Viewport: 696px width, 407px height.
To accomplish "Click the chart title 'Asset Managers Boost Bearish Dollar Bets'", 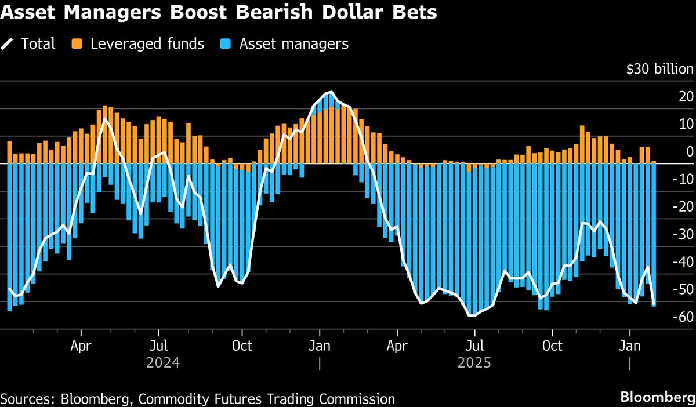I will click(219, 13).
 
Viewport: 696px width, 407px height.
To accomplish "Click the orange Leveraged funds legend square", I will click(77, 43).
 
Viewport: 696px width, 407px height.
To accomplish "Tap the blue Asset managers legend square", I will click(226, 43).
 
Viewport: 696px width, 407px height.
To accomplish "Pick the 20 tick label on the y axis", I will click(686, 97).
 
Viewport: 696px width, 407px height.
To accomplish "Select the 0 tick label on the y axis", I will click(689, 152).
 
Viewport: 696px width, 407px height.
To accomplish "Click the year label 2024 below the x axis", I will click(163, 364).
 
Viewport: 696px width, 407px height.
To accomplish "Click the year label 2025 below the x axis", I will click(474, 364).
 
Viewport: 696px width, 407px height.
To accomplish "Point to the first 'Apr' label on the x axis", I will click(81, 347).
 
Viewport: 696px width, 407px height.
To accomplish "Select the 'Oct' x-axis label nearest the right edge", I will click(552, 347).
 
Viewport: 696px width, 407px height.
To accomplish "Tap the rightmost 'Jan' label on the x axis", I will click(630, 347).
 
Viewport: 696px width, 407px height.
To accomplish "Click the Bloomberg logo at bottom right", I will click(657, 397).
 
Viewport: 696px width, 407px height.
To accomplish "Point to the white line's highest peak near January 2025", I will click(330, 93).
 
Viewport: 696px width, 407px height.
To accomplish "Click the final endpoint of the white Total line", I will click(654, 304).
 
